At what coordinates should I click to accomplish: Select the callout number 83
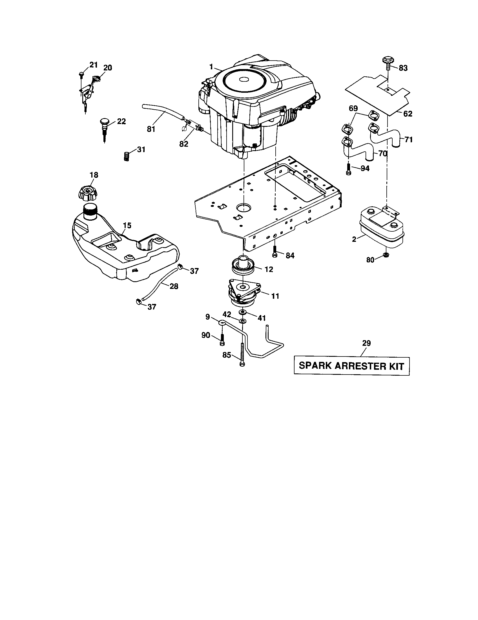pyautogui.click(x=403, y=68)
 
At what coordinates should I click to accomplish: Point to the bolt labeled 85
pyautogui.click(x=242, y=355)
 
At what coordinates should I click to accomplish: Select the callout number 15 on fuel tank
pyautogui.click(x=127, y=225)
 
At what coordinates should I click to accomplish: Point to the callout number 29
pyautogui.click(x=366, y=343)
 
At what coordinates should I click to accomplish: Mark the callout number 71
pyautogui.click(x=408, y=140)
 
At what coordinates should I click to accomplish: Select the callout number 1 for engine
pyautogui.click(x=211, y=67)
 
